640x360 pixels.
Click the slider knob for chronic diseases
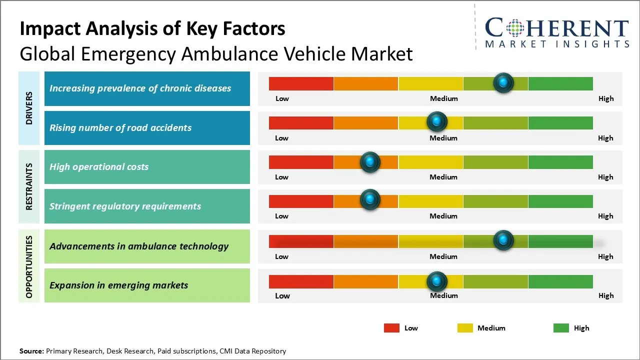click(x=503, y=82)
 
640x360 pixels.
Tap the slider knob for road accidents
click(x=437, y=121)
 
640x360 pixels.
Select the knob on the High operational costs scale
click(x=370, y=161)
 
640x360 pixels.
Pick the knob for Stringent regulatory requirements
click(x=370, y=199)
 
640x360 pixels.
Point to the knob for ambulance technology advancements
click(x=503, y=240)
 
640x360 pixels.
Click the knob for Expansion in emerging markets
click(x=437, y=281)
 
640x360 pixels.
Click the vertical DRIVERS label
click(x=29, y=108)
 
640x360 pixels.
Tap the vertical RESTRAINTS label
click(x=29, y=186)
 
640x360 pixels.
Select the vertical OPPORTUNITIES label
click(x=29, y=266)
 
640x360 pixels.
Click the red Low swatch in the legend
click(x=391, y=328)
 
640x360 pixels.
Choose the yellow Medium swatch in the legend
click(x=465, y=328)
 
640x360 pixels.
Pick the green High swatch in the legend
click(x=561, y=328)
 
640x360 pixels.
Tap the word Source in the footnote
click(x=31, y=351)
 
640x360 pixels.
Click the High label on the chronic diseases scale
click(x=606, y=98)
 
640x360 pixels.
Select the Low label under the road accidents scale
click(x=281, y=138)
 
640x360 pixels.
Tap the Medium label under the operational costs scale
click(x=443, y=177)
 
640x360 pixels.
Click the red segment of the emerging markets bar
click(x=301, y=281)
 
